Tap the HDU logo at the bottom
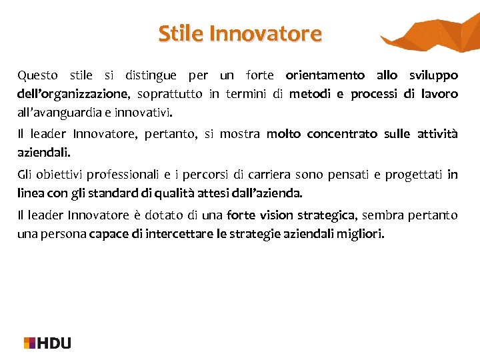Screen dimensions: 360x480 pos(47,343)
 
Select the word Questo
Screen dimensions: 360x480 pos(37,75)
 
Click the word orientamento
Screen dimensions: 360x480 pos(325,75)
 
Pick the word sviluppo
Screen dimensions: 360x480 pos(434,75)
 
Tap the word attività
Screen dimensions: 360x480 pos(437,134)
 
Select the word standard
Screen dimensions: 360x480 pos(153,193)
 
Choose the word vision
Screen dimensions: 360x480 pos(275,215)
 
